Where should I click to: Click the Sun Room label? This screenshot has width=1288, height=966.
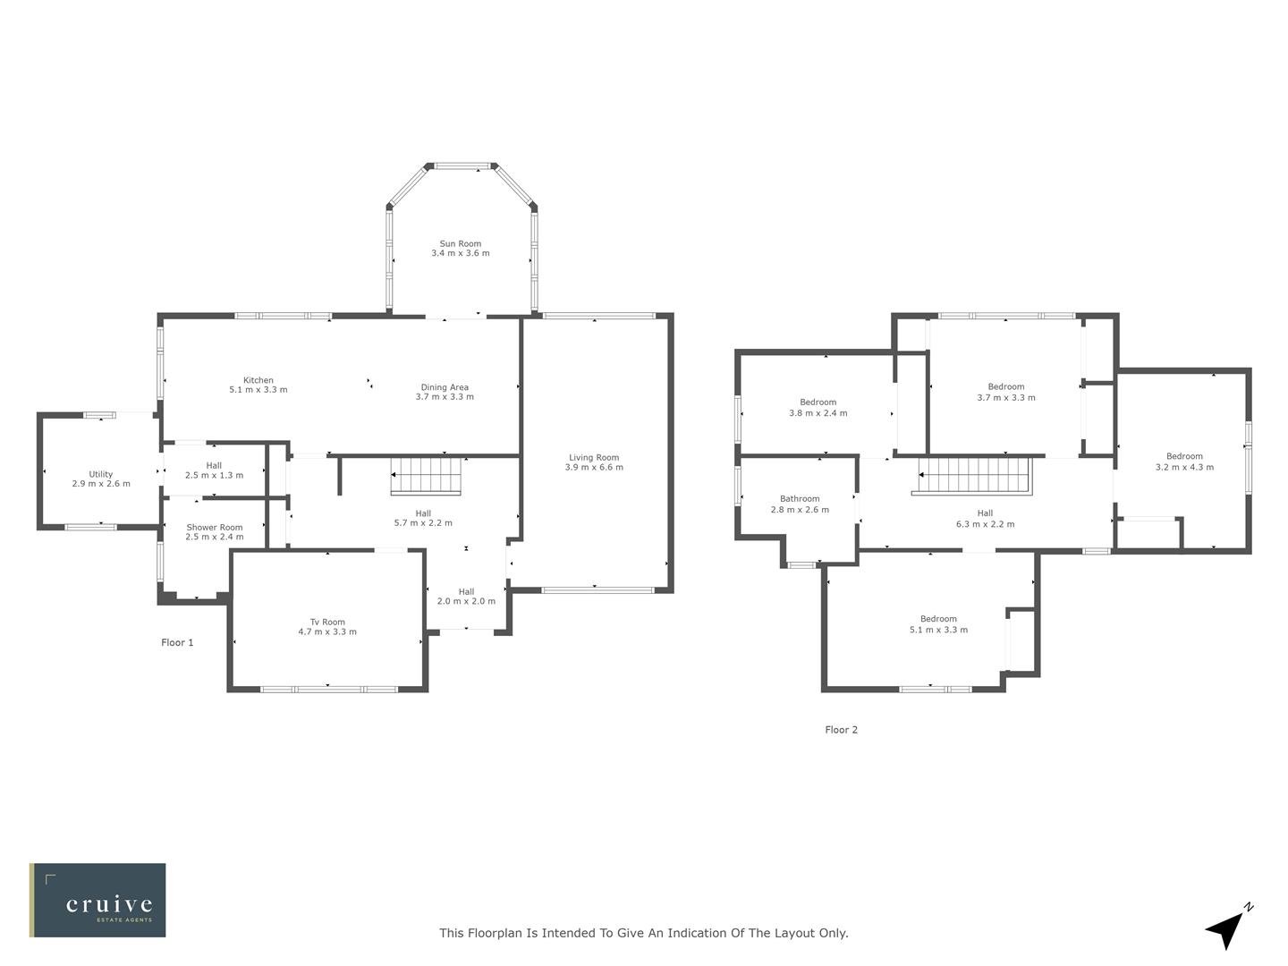pyautogui.click(x=460, y=243)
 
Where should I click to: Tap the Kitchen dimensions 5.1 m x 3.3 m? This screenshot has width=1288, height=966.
pyautogui.click(x=258, y=390)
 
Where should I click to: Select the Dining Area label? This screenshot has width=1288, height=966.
pyautogui.click(x=445, y=387)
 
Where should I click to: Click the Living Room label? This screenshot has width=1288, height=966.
pyautogui.click(x=594, y=458)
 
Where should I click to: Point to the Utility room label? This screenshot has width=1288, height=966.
pyautogui.click(x=101, y=475)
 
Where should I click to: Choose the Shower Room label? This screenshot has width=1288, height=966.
pyautogui.click(x=215, y=528)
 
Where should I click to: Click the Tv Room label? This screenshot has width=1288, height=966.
pyautogui.click(x=327, y=623)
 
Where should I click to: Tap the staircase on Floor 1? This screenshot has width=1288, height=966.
pyautogui.click(x=426, y=475)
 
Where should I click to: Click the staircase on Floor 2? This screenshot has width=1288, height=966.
pyautogui.click(x=975, y=475)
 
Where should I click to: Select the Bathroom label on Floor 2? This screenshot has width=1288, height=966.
pyautogui.click(x=800, y=499)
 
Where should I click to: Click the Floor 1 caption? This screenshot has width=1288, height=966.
pyautogui.click(x=177, y=642)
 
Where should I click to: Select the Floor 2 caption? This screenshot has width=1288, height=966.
pyautogui.click(x=841, y=730)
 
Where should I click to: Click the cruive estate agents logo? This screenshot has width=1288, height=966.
pyautogui.click(x=97, y=901)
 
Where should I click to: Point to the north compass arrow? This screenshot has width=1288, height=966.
pyautogui.click(x=1226, y=929)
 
